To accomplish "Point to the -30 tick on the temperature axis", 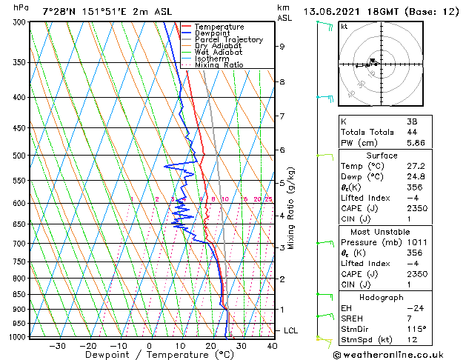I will [x=57, y=345].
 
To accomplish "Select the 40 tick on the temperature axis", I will [x=272, y=345].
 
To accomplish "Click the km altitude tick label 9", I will [x=282, y=46].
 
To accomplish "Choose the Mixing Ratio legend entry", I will [x=219, y=64].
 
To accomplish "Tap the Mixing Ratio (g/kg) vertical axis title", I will [x=291, y=207].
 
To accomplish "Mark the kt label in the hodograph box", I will [x=344, y=27].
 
